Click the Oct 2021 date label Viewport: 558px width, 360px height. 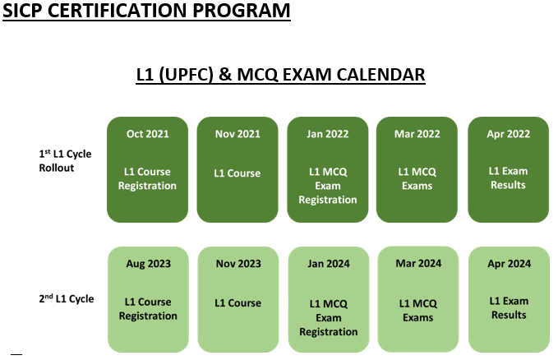pyautogui.click(x=147, y=134)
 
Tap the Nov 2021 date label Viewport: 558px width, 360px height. pyautogui.click(x=237, y=134)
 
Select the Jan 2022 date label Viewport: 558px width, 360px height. pyautogui.click(x=327, y=134)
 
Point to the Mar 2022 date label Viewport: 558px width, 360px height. pyautogui.click(x=417, y=134)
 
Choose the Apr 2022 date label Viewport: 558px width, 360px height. pyautogui.click(x=508, y=134)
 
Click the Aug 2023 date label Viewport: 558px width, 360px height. pyautogui.click(x=148, y=264)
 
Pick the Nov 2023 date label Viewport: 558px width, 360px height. pyautogui.click(x=238, y=264)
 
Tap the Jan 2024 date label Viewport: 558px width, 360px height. pyautogui.click(x=329, y=264)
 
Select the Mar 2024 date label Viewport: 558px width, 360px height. pyautogui.click(x=418, y=264)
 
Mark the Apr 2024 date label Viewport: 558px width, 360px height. pyautogui.click(x=509, y=264)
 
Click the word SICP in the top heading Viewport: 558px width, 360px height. pyautogui.click(x=22, y=11)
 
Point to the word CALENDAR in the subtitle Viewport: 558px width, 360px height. pyautogui.click(x=380, y=75)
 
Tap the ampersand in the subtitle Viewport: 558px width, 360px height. pyautogui.click(x=224, y=75)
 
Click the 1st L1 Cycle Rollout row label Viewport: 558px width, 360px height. pyautogui.click(x=65, y=160)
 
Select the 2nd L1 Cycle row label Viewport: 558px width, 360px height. pyautogui.click(x=67, y=298)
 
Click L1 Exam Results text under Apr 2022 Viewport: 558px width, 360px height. pyautogui.click(x=508, y=178)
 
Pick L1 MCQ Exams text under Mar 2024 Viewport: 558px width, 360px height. pyautogui.click(x=417, y=311)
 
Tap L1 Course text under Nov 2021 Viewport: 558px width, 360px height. pyautogui.click(x=237, y=173)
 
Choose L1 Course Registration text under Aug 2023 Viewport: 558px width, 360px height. pyautogui.click(x=148, y=309)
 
